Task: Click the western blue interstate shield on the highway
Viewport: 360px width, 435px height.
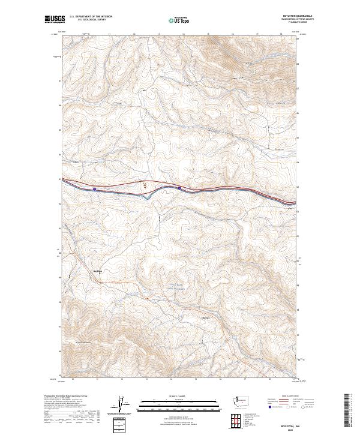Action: pyautogui.click(x=95, y=189)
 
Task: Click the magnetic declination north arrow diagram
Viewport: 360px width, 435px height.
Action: pyautogui.click(x=127, y=404)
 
